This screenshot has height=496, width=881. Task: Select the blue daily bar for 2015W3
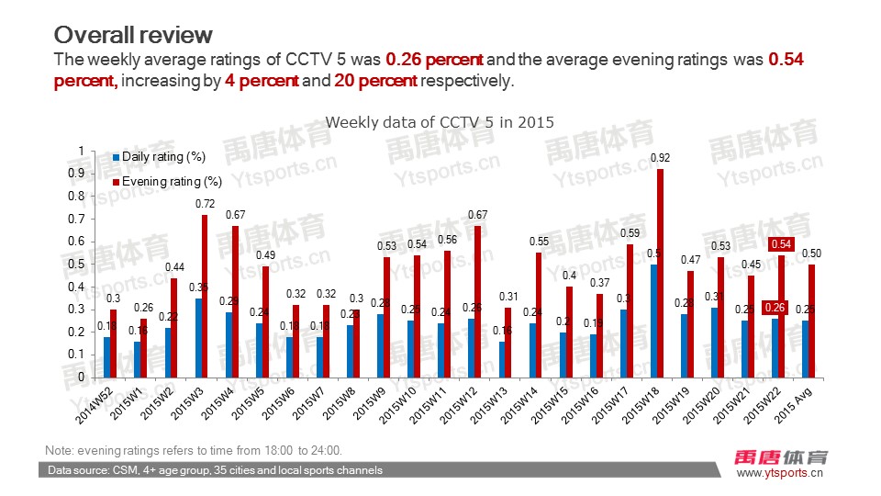tap(198, 337)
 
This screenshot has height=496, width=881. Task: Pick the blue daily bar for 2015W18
tap(653, 321)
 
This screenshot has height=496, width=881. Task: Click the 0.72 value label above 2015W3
tap(206, 203)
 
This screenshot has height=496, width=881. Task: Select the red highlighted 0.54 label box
tap(782, 244)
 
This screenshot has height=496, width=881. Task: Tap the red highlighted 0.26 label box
tap(774, 307)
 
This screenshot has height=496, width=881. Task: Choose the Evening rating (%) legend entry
tap(167, 181)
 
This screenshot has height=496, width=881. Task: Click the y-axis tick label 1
tap(81, 152)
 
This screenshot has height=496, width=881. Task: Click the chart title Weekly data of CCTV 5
tap(440, 121)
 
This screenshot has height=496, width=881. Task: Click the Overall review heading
tap(133, 35)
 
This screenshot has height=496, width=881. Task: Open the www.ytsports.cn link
tap(780, 473)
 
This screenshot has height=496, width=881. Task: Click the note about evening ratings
tap(193, 450)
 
